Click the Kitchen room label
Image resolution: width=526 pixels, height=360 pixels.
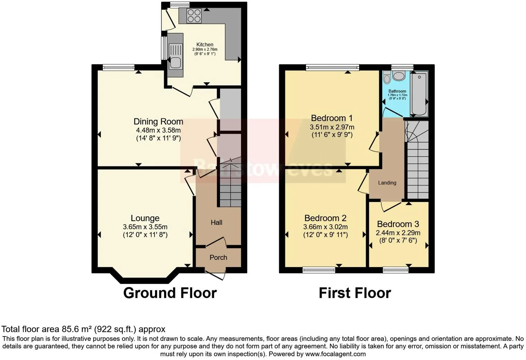[x=205, y=44]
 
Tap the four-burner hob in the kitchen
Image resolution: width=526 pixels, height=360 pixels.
[x=194, y=16]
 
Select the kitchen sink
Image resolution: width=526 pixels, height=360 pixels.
[x=175, y=62]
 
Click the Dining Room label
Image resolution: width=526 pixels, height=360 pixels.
[x=158, y=121]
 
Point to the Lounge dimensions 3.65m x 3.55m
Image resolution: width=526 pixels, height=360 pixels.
[x=145, y=227]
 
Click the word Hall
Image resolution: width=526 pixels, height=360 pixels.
[x=217, y=223]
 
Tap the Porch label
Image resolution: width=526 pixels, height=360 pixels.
[x=218, y=258]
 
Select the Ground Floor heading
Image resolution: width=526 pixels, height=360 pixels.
[x=170, y=293]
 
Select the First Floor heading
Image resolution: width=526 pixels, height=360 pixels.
[x=355, y=293]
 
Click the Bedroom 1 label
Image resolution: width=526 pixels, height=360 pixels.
[x=332, y=118]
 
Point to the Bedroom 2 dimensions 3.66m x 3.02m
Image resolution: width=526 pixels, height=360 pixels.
[x=325, y=227]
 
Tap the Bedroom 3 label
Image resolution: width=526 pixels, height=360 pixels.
[x=398, y=224]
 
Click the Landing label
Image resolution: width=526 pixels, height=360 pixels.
[x=387, y=183]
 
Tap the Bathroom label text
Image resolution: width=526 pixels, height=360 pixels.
[x=397, y=91]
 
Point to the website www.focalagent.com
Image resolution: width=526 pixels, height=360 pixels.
[x=335, y=354]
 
